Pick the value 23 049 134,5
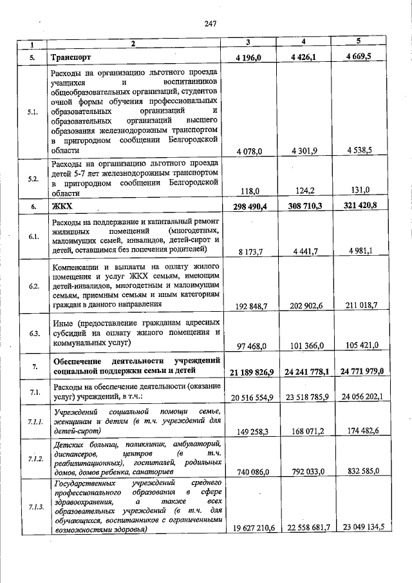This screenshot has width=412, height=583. pos(359,527)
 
